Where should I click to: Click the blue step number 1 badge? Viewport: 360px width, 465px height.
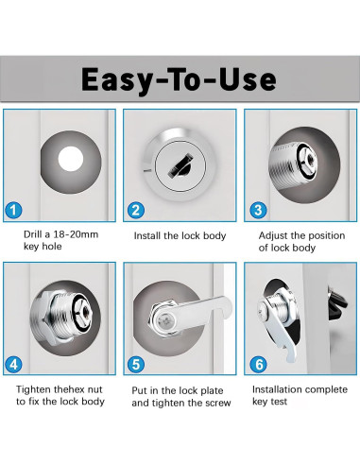(14, 210)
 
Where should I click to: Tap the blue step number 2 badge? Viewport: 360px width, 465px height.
(136, 210)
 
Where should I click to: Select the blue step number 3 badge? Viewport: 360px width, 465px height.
(258, 210)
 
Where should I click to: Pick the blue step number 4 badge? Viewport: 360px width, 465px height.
(14, 365)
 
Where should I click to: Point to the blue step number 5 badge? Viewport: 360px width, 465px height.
(136, 365)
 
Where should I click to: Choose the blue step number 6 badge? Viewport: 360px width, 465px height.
(258, 365)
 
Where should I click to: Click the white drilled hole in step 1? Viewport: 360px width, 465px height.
(71, 159)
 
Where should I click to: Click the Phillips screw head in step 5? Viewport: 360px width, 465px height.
(166, 322)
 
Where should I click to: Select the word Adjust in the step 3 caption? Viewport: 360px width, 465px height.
(273, 235)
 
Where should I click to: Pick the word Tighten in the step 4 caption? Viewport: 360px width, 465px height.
(34, 390)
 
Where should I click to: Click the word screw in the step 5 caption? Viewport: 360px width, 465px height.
(218, 403)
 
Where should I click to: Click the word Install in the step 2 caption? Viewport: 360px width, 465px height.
(147, 235)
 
